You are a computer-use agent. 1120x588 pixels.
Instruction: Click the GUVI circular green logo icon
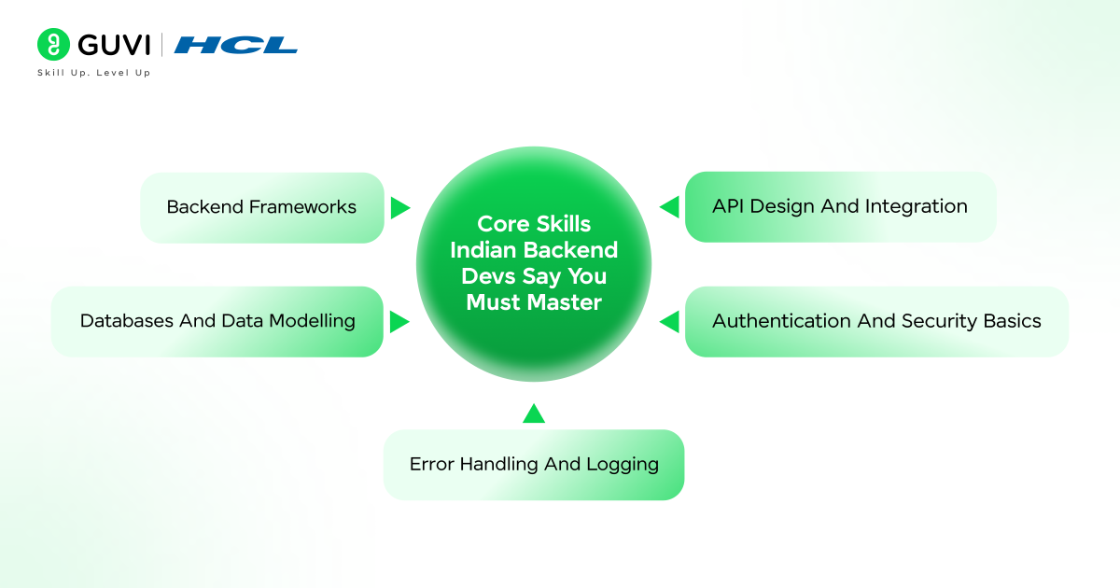pos(54,45)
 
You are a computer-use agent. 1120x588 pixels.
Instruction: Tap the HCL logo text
pos(236,45)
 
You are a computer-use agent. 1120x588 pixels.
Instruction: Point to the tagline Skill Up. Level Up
pos(93,73)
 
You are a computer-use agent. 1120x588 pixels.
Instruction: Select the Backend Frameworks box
pos(262,207)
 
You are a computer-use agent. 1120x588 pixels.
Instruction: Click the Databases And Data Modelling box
pos(217,321)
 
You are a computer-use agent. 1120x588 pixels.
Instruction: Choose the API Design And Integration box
pos(840,207)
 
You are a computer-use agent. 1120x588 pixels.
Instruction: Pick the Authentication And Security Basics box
pos(876,321)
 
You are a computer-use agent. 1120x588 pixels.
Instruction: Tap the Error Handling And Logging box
pos(534,465)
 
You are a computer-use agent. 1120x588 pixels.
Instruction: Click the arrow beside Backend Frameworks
pos(399,207)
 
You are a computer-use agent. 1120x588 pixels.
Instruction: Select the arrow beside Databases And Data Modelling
pos(399,322)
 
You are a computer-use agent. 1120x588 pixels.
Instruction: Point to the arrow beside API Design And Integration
pos(669,207)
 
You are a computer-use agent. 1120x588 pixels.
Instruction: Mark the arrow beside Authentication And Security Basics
pos(669,322)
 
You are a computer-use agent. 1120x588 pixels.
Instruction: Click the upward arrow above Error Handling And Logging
pos(534,413)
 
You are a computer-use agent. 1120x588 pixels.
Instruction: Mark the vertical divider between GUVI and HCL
pos(162,45)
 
